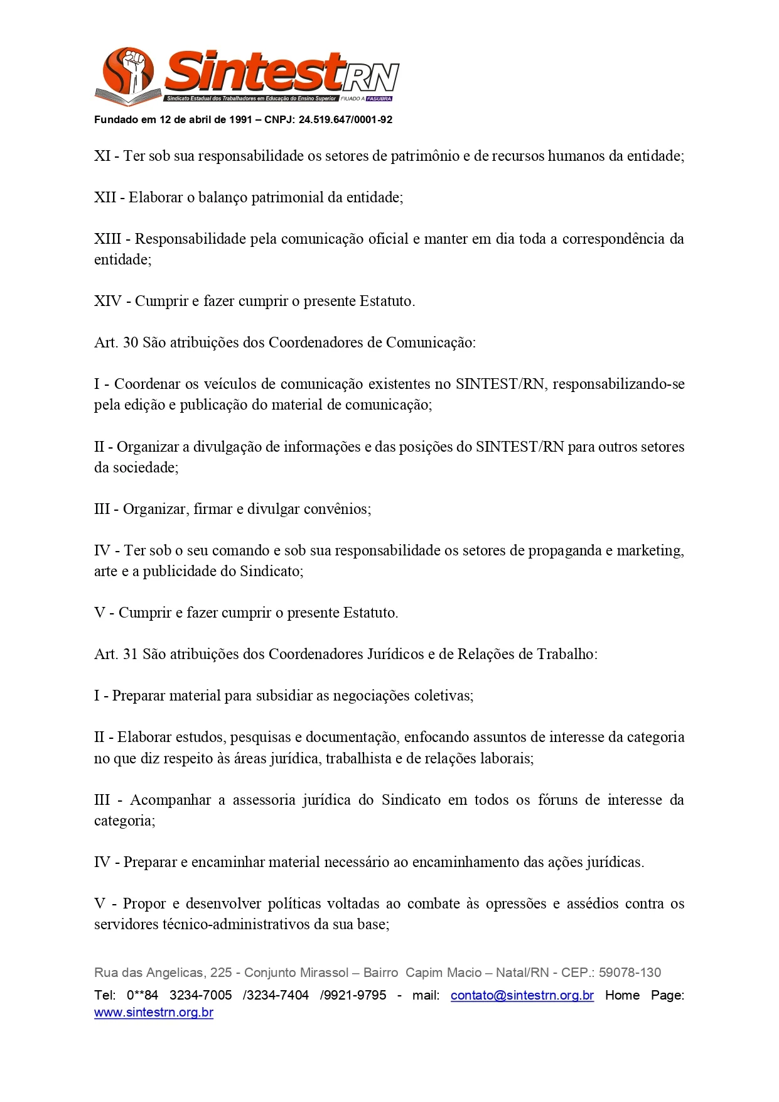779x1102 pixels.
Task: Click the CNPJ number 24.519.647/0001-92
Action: pyautogui.click(x=345, y=120)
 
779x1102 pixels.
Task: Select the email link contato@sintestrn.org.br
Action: pyautogui.click(x=522, y=995)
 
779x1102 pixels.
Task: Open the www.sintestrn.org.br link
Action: pyautogui.click(x=154, y=1013)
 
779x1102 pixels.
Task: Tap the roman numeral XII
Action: pyautogui.click(x=105, y=197)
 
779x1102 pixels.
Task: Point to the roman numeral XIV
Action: pyautogui.click(x=107, y=301)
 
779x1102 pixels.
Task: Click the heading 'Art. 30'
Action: pyautogui.click(x=116, y=342)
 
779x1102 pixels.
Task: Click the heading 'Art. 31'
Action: pyautogui.click(x=116, y=654)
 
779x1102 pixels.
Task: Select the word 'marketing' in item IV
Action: pyautogui.click(x=650, y=550)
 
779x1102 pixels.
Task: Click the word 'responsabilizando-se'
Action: pyautogui.click(x=618, y=384)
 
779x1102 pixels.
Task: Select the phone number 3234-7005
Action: pyautogui.click(x=200, y=995)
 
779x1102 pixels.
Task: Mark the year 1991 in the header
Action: pyautogui.click(x=240, y=120)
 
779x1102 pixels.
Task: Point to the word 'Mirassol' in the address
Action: pyautogui.click(x=323, y=973)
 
